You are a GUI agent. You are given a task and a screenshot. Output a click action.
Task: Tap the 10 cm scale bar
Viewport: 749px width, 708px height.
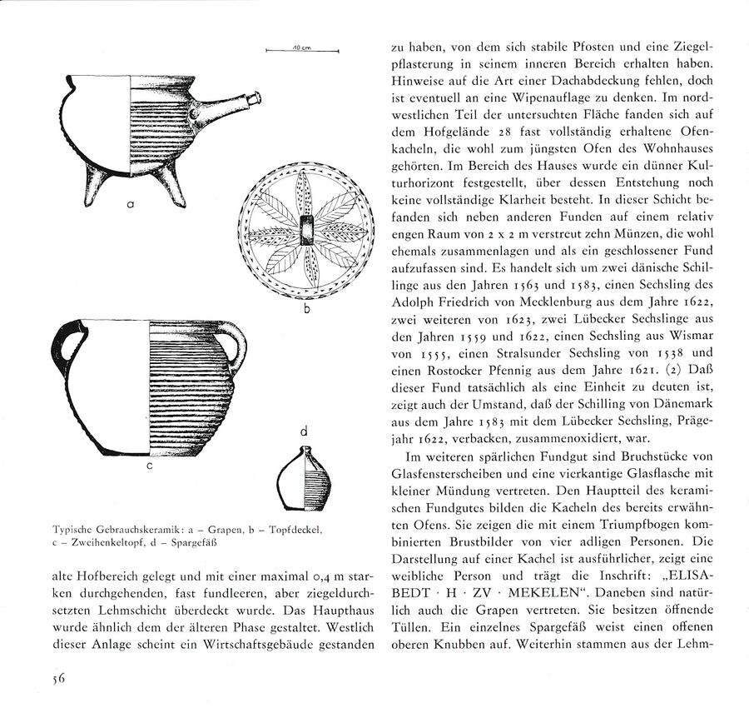[301, 51]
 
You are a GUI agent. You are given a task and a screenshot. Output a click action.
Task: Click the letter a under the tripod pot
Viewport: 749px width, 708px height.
[131, 202]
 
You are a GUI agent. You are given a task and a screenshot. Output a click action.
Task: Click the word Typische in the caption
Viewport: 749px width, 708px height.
[74, 530]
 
